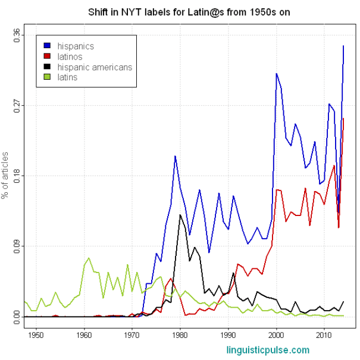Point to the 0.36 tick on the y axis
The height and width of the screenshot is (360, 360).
click(17, 35)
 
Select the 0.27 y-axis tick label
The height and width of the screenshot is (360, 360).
click(17, 105)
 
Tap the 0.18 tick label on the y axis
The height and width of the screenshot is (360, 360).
click(17, 176)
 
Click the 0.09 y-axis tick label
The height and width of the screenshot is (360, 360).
click(17, 246)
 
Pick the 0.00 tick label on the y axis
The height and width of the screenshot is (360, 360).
click(17, 316)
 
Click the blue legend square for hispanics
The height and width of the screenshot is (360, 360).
click(47, 46)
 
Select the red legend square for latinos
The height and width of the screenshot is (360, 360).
click(47, 57)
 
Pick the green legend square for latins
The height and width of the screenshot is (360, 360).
click(47, 77)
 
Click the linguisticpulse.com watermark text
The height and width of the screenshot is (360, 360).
click(268, 350)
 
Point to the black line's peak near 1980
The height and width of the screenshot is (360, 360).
click(180, 214)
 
